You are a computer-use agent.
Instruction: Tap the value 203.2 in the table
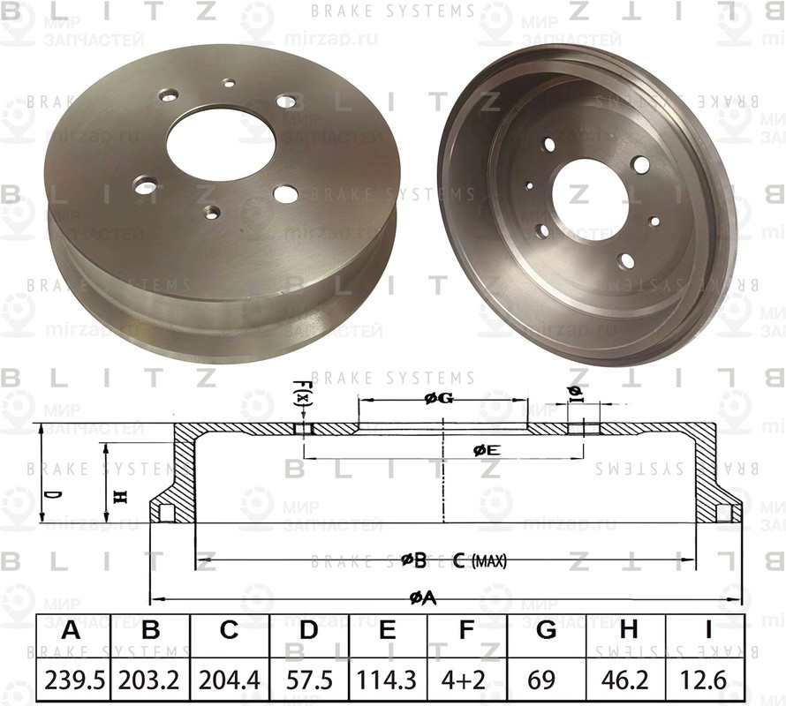click(151, 682)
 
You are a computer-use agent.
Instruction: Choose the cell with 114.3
click(387, 682)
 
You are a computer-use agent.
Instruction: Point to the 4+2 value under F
click(466, 682)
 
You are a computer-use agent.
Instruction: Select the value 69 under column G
click(546, 682)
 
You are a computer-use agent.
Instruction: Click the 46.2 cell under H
click(628, 682)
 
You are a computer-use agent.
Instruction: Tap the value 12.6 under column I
click(707, 682)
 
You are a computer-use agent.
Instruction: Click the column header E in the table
click(387, 631)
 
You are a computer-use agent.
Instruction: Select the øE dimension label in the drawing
click(487, 450)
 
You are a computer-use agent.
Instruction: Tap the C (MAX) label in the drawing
click(480, 560)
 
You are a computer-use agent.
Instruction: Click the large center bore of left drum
click(220, 143)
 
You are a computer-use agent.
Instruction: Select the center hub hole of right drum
click(588, 199)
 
